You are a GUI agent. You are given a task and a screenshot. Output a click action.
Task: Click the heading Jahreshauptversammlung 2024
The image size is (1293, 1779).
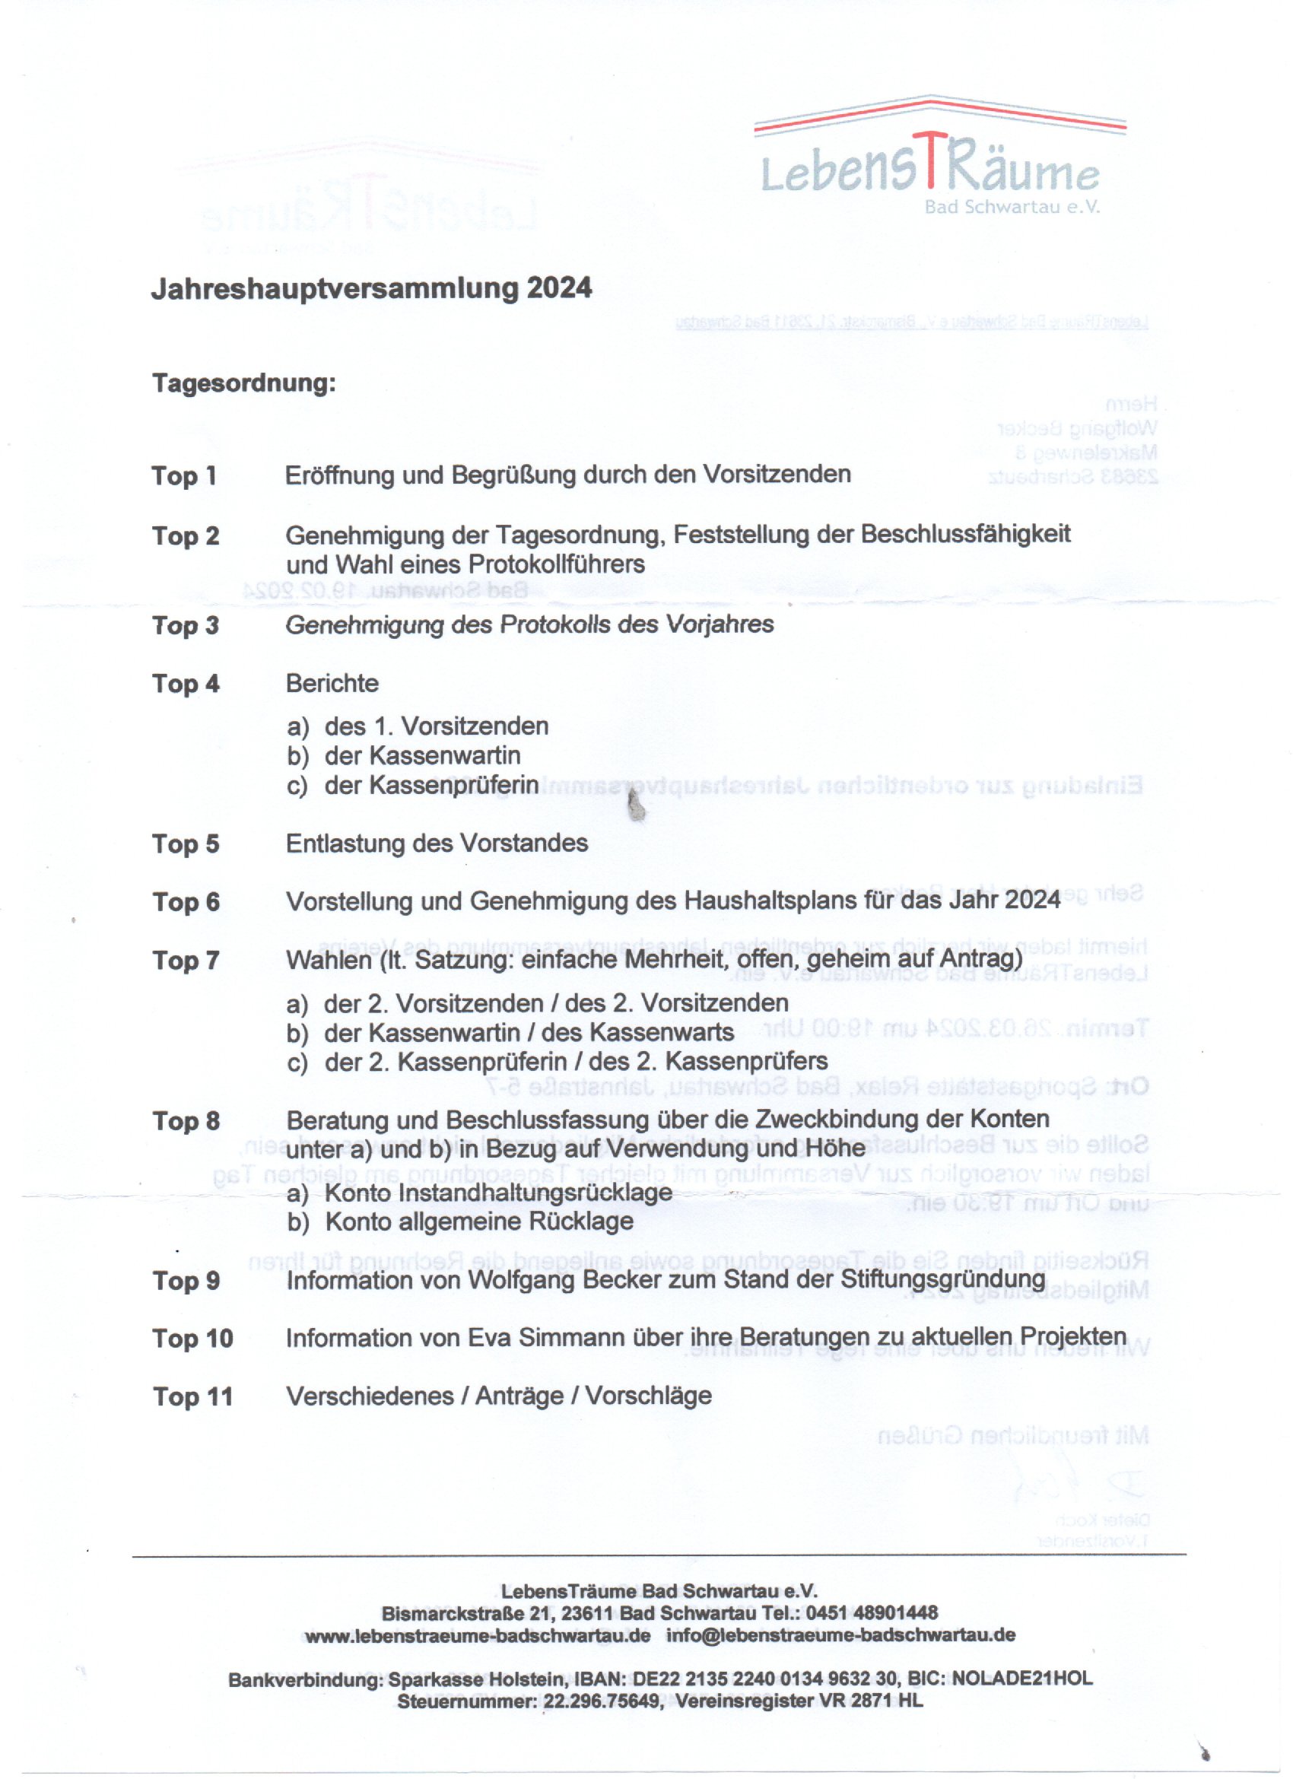(370, 289)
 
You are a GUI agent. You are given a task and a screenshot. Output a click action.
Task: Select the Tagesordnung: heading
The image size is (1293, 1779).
(243, 383)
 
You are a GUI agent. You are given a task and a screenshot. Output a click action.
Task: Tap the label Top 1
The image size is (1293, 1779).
(183, 476)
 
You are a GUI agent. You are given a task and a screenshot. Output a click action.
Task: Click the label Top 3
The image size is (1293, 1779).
(185, 626)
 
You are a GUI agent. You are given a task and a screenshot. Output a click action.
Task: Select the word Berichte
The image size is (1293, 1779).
(332, 683)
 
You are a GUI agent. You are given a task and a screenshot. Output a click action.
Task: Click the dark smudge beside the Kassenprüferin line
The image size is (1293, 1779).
(637, 807)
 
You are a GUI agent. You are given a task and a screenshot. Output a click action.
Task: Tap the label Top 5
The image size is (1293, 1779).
(185, 844)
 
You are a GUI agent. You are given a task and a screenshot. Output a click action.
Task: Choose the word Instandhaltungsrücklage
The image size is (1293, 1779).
(498, 1193)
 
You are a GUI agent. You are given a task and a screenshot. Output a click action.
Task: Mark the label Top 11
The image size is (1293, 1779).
(192, 1397)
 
